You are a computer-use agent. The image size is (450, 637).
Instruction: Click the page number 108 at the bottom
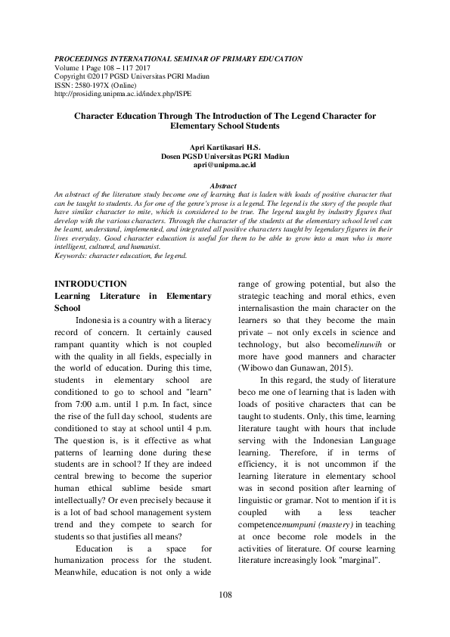tap(225, 595)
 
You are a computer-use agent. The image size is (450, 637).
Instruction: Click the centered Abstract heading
tap(225, 186)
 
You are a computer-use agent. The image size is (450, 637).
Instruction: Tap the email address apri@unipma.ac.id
tap(225, 163)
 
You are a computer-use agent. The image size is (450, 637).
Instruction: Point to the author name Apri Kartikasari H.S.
tap(225, 147)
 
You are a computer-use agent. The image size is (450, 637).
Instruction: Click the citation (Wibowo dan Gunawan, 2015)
tap(285, 367)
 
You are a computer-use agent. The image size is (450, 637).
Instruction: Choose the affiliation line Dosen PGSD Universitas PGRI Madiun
tap(225, 155)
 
